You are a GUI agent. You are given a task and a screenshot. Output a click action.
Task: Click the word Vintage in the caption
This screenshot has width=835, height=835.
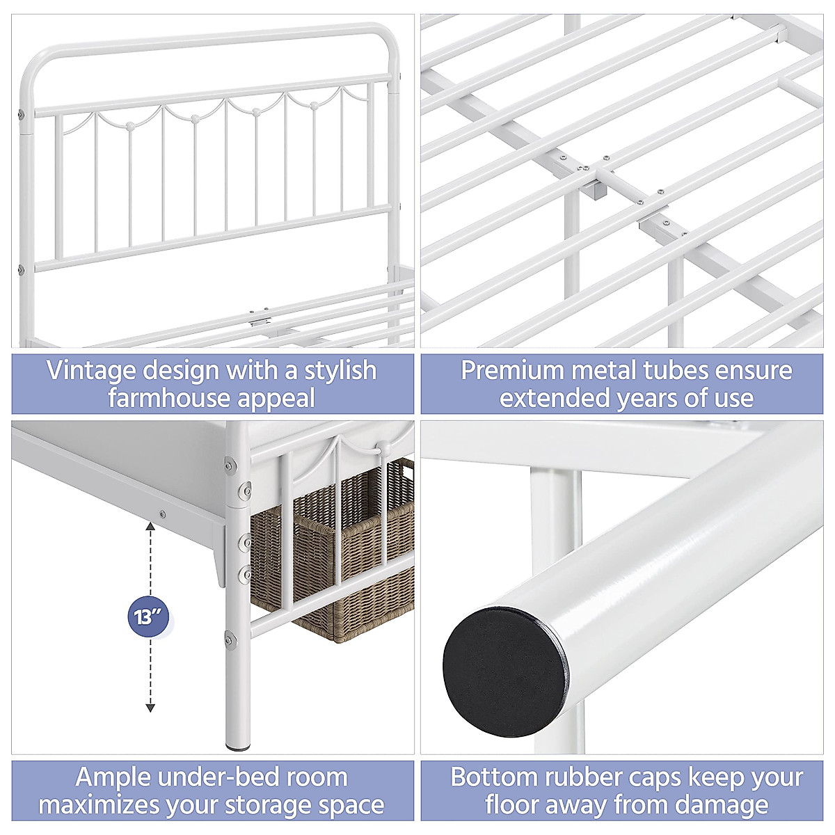click(x=91, y=370)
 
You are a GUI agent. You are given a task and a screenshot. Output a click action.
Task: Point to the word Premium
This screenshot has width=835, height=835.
click(x=512, y=370)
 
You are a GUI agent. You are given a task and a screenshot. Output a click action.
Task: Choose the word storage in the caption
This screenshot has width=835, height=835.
click(x=280, y=805)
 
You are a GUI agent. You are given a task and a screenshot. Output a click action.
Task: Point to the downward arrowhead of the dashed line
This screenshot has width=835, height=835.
click(x=150, y=708)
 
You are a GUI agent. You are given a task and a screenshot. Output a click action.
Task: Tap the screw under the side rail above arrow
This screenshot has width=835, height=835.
click(x=162, y=514)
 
